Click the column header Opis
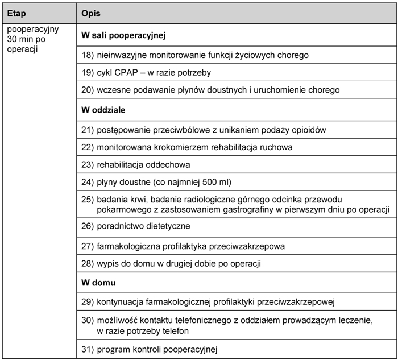[92, 13]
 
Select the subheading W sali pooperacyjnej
[123, 36]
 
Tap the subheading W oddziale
[103, 110]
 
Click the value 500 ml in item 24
[212, 182]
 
